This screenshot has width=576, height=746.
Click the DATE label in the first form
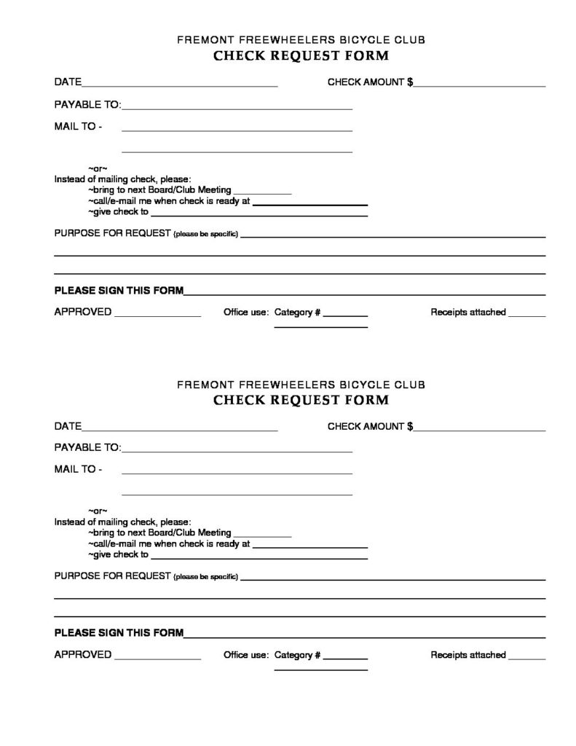click(x=68, y=82)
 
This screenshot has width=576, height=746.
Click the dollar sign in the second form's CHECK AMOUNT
click(x=410, y=426)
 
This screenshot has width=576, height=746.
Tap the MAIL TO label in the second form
click(x=78, y=469)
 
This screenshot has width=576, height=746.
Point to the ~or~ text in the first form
click(x=98, y=168)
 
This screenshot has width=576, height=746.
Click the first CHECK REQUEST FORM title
click(x=301, y=56)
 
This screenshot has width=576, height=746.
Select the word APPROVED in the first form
click(x=83, y=312)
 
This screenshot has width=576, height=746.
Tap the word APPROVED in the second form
click(x=83, y=655)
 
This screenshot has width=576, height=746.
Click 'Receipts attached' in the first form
click(x=467, y=312)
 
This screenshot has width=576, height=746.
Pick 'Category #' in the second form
click(x=297, y=655)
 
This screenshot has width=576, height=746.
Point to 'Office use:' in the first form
click(x=246, y=312)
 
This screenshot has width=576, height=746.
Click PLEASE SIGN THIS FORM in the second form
click(x=119, y=632)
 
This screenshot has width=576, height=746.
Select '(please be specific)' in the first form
click(x=205, y=235)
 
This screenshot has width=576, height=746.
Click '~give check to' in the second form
click(x=118, y=554)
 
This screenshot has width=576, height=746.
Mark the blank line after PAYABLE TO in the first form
click(x=237, y=109)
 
